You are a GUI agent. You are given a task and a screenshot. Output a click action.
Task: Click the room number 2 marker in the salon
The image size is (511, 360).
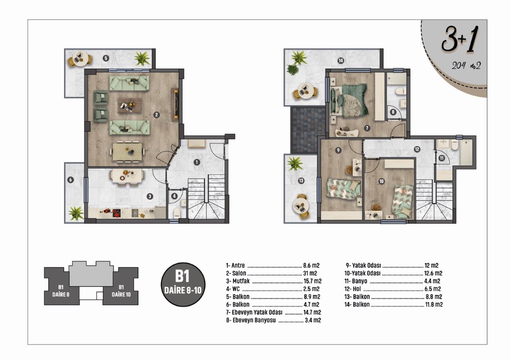[156, 115]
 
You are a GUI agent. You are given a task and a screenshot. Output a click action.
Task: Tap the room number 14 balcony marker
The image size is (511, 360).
[341, 61]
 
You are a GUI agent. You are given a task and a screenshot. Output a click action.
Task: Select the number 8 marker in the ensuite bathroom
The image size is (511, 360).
[393, 112]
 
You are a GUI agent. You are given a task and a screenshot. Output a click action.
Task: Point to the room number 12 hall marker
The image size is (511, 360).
[417, 149]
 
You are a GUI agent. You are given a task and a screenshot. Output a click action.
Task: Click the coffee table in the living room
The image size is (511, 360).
[130, 105]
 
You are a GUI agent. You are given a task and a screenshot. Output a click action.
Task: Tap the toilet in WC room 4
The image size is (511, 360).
[178, 213]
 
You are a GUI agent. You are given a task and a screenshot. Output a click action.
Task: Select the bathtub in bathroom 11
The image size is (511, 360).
[466, 152]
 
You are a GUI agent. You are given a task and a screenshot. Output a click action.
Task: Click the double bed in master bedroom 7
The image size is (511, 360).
[349, 100]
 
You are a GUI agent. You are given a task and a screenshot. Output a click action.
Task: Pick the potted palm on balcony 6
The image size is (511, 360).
[76, 213]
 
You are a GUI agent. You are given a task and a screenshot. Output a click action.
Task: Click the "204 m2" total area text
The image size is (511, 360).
[466, 66]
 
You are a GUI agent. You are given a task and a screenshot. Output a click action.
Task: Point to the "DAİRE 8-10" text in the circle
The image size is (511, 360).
[183, 291]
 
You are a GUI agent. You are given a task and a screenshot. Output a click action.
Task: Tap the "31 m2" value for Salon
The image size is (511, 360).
[310, 273]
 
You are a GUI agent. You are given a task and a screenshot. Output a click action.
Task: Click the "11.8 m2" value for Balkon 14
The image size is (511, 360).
[434, 305]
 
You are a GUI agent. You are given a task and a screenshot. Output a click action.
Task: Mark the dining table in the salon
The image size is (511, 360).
[127, 151]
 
